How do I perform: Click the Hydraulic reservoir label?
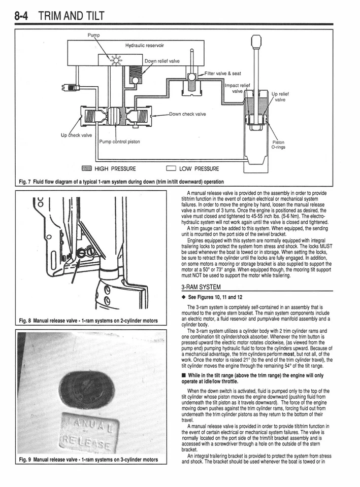point(145,45)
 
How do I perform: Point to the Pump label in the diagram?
point(95,36)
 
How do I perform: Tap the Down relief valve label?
point(162,61)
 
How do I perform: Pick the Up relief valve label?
point(282,97)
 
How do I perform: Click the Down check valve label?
point(187,114)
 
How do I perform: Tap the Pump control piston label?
point(119,142)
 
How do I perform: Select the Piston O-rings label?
point(279,145)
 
